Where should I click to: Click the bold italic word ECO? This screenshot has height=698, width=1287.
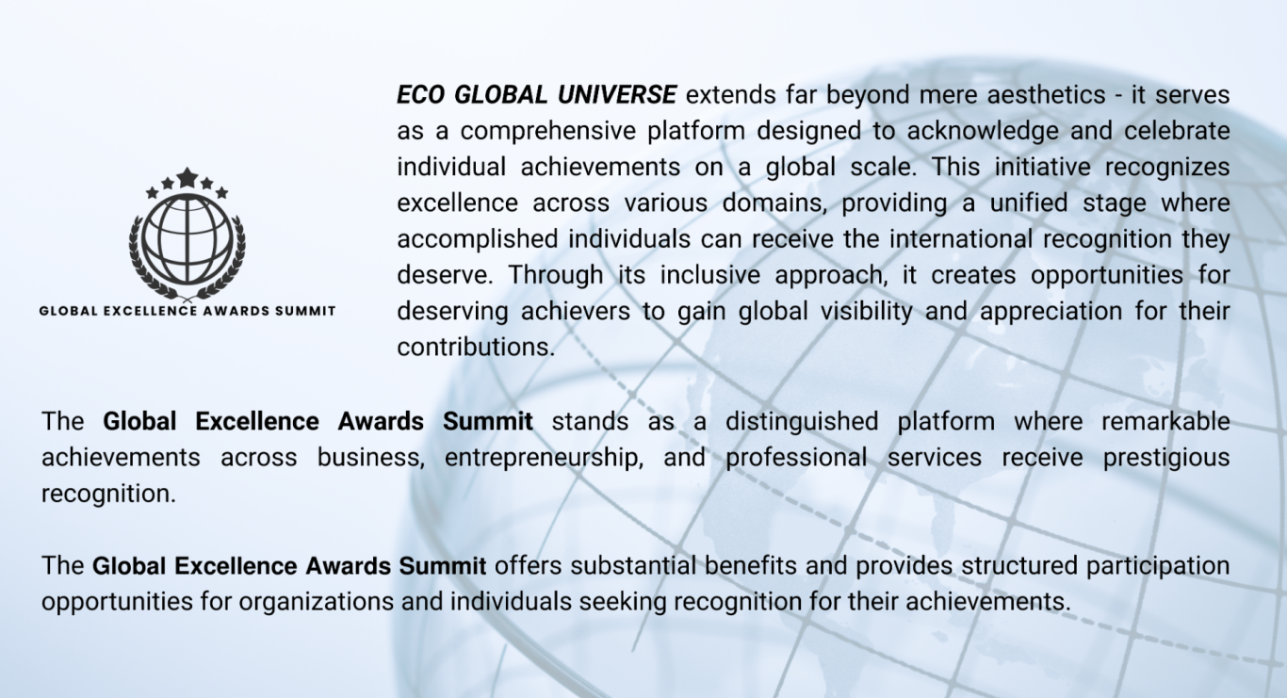(x=420, y=95)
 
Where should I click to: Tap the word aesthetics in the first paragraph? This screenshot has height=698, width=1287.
(x=1046, y=95)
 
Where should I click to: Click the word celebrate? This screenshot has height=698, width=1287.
(x=1177, y=131)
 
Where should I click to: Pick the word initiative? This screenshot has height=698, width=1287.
(x=1042, y=167)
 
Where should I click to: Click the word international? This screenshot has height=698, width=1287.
(x=961, y=239)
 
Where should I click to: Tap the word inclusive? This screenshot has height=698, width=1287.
(x=710, y=275)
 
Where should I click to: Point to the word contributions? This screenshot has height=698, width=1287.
(x=476, y=348)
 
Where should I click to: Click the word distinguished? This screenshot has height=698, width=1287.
(x=802, y=422)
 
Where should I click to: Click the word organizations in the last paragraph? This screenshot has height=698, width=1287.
(x=316, y=603)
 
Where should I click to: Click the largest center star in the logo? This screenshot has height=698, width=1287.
(x=187, y=177)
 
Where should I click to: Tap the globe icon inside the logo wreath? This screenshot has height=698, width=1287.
(x=187, y=239)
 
